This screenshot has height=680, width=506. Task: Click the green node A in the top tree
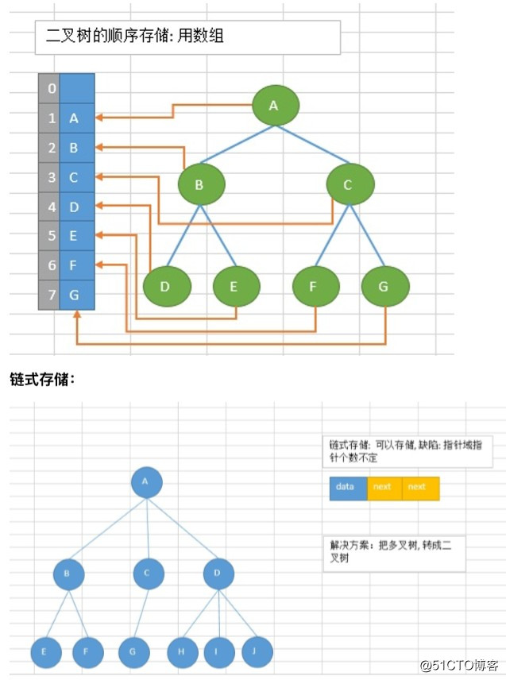(x=276, y=106)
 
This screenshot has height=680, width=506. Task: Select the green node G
(x=385, y=287)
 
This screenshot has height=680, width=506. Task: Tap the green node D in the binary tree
(x=167, y=287)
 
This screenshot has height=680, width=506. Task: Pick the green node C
(x=350, y=185)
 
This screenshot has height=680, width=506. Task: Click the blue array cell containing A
(x=77, y=118)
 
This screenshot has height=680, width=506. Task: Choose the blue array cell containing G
(x=77, y=295)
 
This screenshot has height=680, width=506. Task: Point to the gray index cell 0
(x=50, y=88)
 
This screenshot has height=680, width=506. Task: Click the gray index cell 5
(x=50, y=236)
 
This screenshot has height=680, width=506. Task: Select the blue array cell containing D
(x=77, y=207)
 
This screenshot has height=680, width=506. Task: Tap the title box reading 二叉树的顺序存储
(x=187, y=37)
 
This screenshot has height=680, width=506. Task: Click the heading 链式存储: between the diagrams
(x=42, y=380)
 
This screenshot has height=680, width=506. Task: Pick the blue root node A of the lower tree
(x=146, y=481)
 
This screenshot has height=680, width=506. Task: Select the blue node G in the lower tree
(x=133, y=652)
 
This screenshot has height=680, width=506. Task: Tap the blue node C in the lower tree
(x=149, y=574)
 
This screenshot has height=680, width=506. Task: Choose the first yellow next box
(x=384, y=488)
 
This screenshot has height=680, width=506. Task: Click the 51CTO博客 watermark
(x=458, y=664)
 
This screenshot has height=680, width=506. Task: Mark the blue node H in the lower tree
(x=183, y=652)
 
